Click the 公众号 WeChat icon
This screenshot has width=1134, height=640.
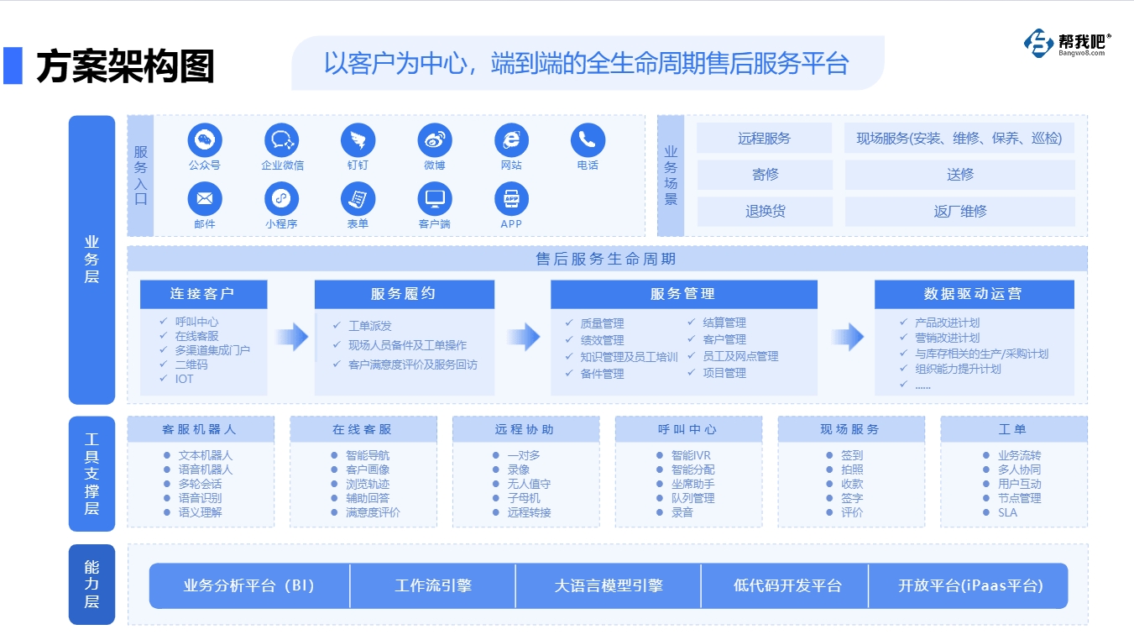coord(205,140)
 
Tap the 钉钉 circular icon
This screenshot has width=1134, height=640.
coord(358,140)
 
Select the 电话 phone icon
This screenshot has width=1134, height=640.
coord(588,140)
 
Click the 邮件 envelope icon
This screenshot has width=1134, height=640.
coord(205,199)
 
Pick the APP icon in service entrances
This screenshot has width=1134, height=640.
coord(511,199)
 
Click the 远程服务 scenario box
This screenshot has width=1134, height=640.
coord(764,138)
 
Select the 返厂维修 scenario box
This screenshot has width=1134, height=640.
coord(960,212)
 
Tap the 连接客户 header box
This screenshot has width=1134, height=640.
coord(203,294)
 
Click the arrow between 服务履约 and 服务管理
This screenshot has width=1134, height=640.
coord(524,337)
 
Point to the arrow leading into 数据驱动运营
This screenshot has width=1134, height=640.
coord(848,337)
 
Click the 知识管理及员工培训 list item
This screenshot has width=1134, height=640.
coord(629,357)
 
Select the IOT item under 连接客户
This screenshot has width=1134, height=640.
coord(184,379)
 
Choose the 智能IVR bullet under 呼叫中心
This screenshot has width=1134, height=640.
coord(691,455)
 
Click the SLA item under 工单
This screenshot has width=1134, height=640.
coord(1007,512)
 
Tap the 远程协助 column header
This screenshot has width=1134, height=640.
coord(526,429)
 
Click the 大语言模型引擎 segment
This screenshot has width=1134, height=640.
coord(609,585)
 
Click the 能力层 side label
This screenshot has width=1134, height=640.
coord(91,585)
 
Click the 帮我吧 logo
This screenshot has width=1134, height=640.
coord(1067,44)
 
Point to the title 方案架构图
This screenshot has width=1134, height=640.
coord(126,66)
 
